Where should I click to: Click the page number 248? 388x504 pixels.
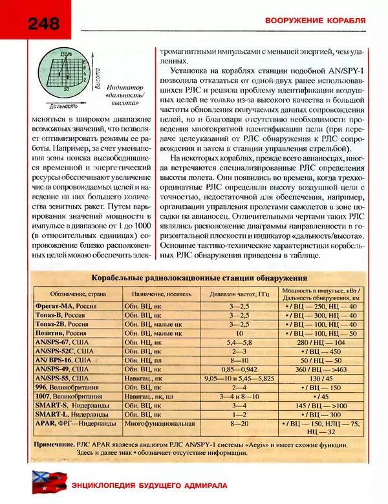click(x=44, y=24)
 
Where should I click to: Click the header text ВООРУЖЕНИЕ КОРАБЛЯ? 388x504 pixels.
click(x=316, y=21)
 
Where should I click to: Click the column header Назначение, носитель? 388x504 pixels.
click(x=153, y=292)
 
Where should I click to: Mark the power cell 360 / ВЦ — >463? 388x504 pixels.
click(x=321, y=367)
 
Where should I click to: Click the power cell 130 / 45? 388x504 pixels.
click(x=321, y=377)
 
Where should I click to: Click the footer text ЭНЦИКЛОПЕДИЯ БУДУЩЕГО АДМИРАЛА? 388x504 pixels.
click(x=147, y=486)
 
